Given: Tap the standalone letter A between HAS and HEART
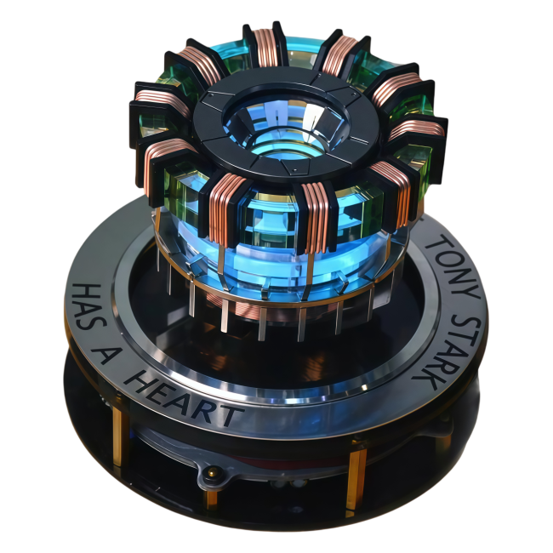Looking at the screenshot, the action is pos(102,354).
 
